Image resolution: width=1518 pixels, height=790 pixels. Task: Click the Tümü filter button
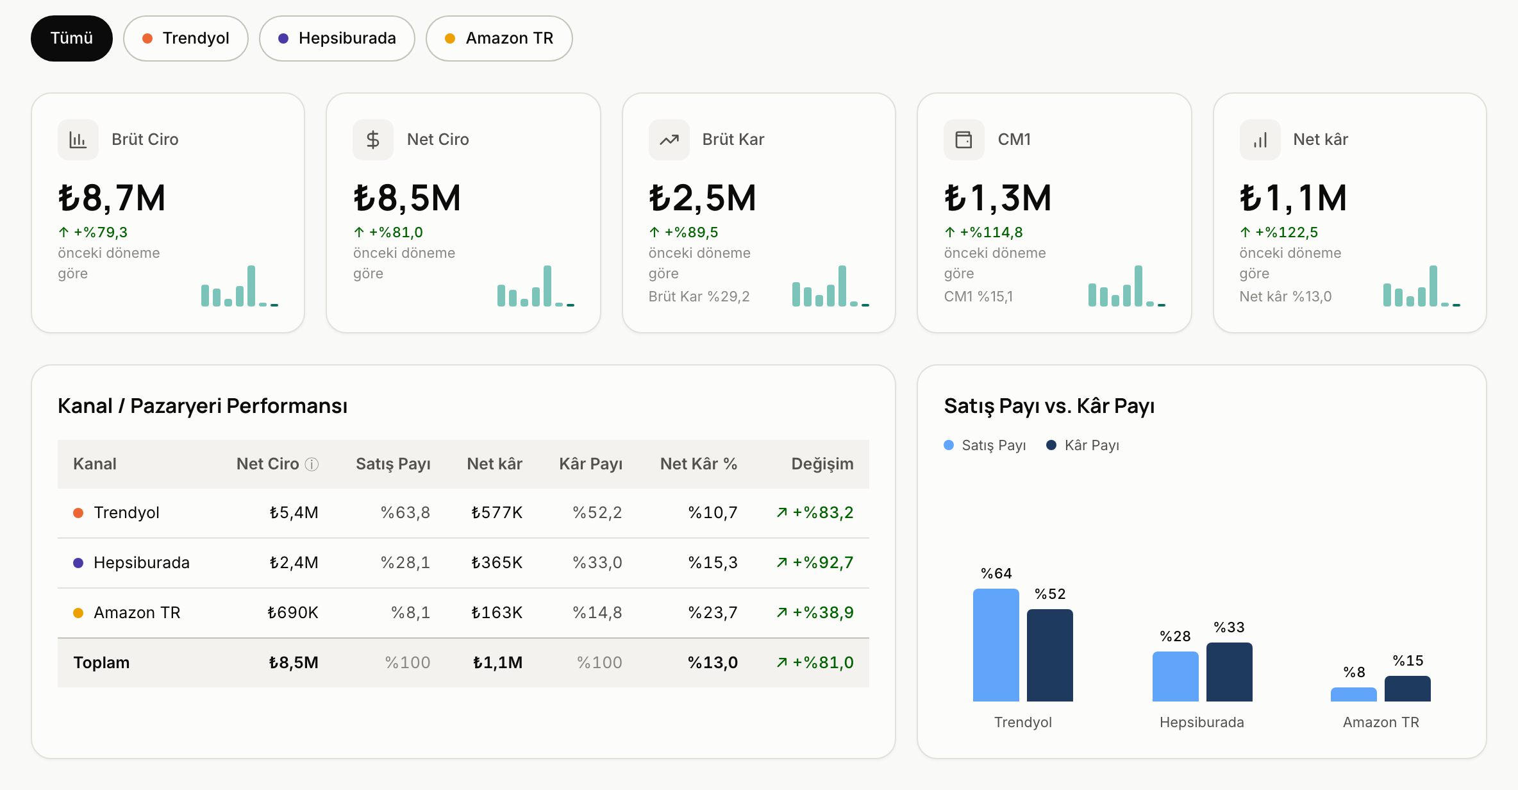pyautogui.click(x=72, y=38)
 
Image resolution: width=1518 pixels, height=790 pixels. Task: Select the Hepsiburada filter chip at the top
pyautogui.click(x=337, y=38)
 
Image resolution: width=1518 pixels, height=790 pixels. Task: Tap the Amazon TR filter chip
pyautogui.click(x=499, y=38)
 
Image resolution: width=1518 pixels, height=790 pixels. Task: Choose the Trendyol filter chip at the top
pyautogui.click(x=186, y=38)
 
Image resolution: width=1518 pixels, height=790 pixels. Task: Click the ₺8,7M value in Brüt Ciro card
pyautogui.click(x=112, y=197)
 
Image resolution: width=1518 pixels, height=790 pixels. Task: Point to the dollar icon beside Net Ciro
pyautogui.click(x=373, y=140)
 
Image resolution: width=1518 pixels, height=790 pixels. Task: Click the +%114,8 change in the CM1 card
pyautogui.click(x=984, y=232)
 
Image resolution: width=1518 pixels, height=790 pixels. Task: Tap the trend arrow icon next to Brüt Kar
pyautogui.click(x=669, y=140)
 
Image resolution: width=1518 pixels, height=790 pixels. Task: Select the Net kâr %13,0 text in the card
pyautogui.click(x=1285, y=296)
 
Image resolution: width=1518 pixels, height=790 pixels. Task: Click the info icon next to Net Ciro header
pyautogui.click(x=312, y=464)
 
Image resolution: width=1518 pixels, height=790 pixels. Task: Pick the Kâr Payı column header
pyautogui.click(x=591, y=464)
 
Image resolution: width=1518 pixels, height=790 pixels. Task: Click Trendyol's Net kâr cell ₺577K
pyautogui.click(x=497, y=512)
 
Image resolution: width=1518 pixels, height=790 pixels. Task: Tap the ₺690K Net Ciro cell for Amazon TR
pyautogui.click(x=293, y=612)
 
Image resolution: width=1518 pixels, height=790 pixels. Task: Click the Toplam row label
pyautogui.click(x=101, y=662)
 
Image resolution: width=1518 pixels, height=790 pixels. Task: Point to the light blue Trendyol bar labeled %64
pyautogui.click(x=996, y=645)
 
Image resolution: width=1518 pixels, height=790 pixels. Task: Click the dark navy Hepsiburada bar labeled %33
pyautogui.click(x=1230, y=672)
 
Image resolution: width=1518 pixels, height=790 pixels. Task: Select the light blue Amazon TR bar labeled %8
pyautogui.click(x=1354, y=694)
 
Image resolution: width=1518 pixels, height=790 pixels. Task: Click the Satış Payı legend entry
pyautogui.click(x=985, y=445)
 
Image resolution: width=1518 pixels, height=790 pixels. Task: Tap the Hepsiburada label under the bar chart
pyautogui.click(x=1202, y=722)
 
